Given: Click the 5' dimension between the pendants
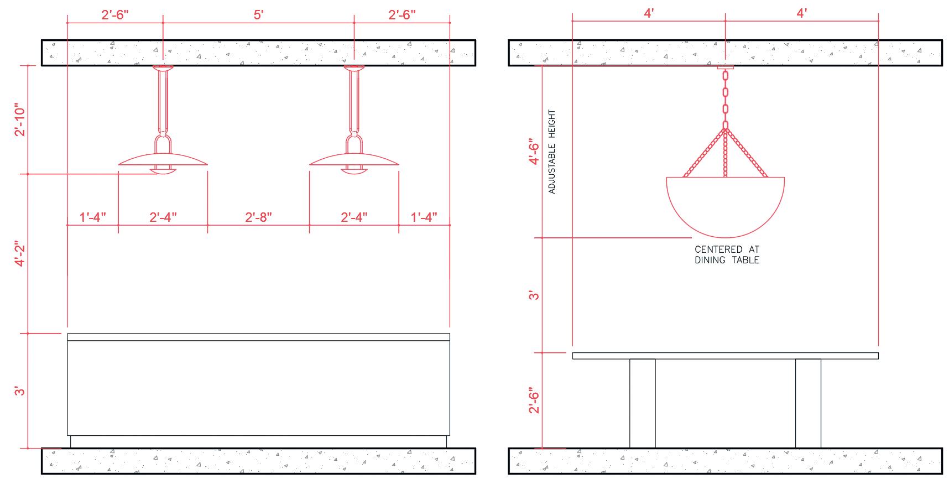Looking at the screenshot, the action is [x=259, y=15].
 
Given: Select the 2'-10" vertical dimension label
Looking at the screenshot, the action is [x=21, y=119].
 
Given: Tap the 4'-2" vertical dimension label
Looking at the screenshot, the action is [x=21, y=254].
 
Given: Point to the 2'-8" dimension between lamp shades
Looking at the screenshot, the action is [x=258, y=217].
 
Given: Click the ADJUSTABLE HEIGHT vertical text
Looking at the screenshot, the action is [x=551, y=152].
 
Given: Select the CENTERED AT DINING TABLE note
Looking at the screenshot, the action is [x=727, y=255].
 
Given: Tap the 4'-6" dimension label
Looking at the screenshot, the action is [x=533, y=152].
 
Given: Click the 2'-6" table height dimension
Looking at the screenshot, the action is [x=533, y=400].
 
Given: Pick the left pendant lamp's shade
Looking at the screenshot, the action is [x=163, y=160].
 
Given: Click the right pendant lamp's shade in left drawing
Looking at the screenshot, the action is [x=354, y=160].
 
